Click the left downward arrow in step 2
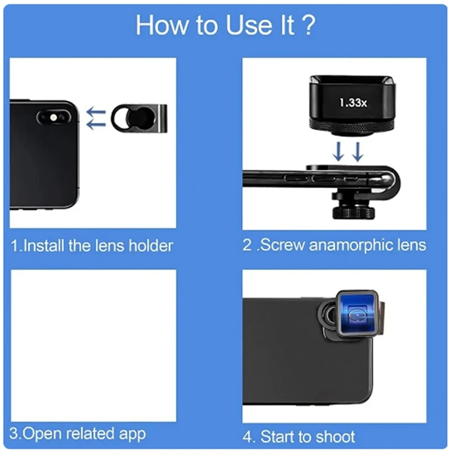pyautogui.click(x=338, y=151)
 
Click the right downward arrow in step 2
pyautogui.click(x=357, y=151)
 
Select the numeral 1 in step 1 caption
pyautogui.click(x=15, y=246)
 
